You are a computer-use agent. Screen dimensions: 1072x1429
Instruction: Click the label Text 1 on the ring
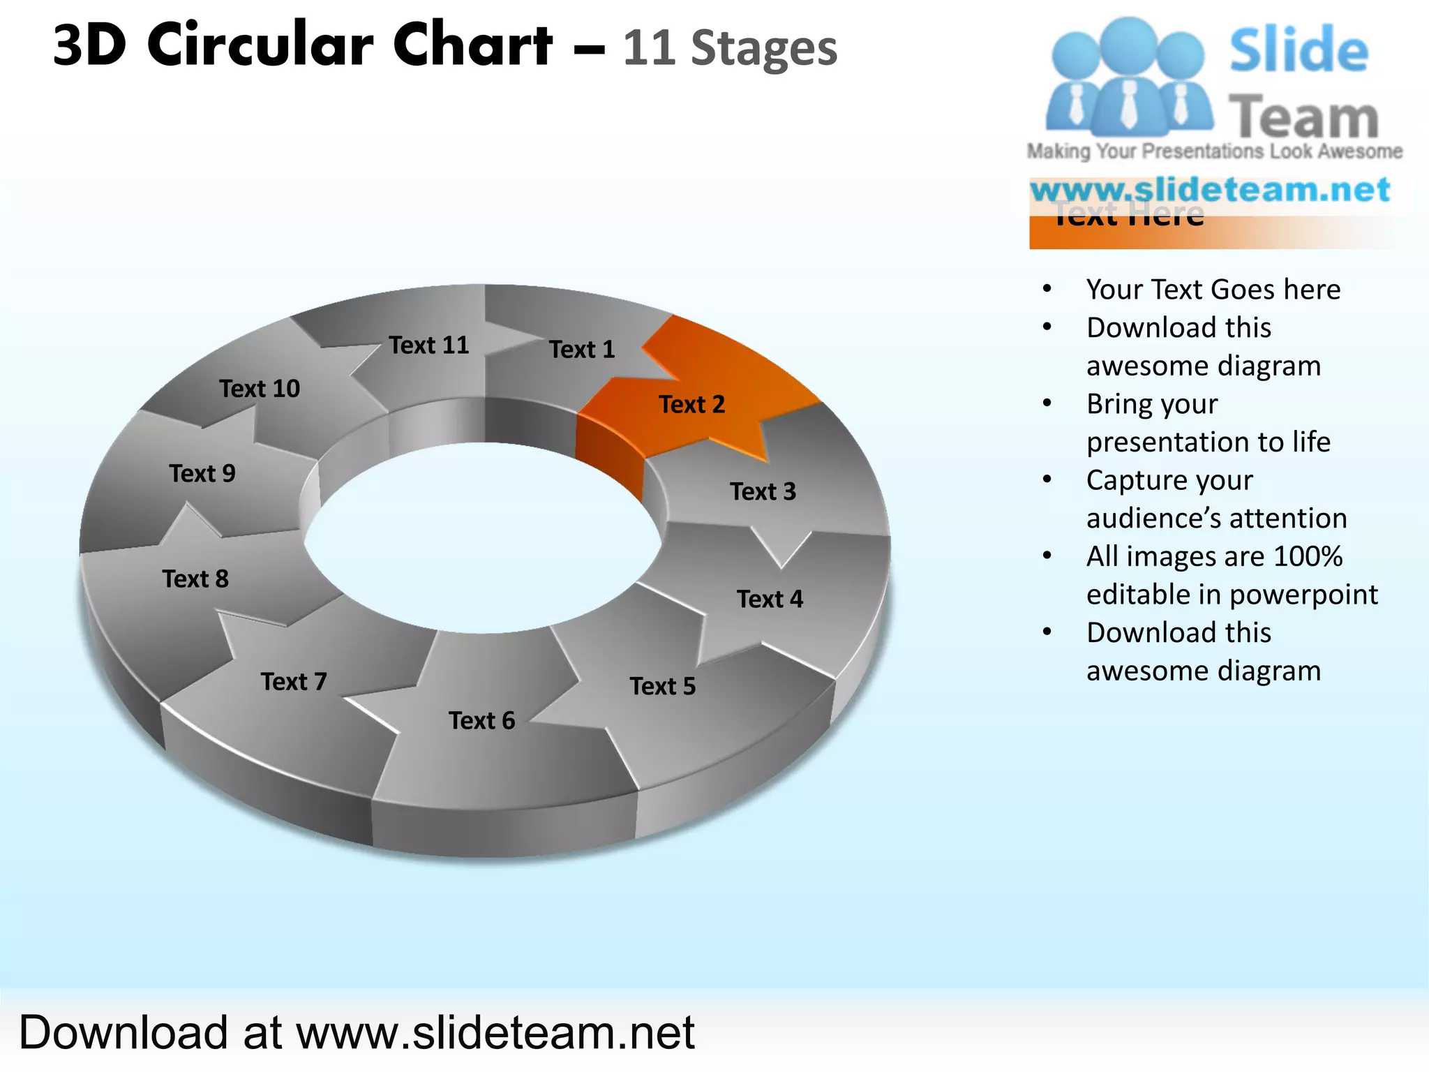[x=582, y=349]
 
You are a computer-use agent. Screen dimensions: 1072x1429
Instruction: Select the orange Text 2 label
[x=692, y=404]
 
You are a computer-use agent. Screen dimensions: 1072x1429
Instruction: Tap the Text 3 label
[x=763, y=491]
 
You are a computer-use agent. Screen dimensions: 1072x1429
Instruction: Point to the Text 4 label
[x=770, y=599]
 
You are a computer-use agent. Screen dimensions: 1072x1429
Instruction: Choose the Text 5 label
[x=663, y=686]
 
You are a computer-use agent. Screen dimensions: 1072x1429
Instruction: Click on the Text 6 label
[x=481, y=720]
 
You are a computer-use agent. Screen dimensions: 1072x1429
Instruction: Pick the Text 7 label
[x=294, y=681]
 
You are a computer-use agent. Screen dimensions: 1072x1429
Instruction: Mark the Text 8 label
[x=195, y=579]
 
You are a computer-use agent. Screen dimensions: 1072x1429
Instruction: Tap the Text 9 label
[x=202, y=473]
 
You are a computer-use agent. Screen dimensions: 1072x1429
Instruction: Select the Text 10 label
[x=260, y=388]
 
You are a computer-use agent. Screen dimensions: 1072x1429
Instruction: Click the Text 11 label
[x=429, y=345]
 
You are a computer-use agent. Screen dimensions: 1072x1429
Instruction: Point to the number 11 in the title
[x=649, y=48]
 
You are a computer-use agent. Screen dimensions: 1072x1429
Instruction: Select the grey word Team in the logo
[x=1303, y=117]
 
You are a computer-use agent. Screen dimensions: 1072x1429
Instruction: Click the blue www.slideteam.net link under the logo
[x=1210, y=190]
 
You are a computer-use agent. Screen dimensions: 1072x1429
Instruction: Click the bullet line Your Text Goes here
[x=1213, y=290]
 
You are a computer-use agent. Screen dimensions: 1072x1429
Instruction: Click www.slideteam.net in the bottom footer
[x=495, y=1032]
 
